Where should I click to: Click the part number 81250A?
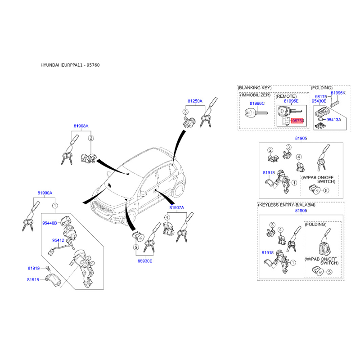coord(195,101)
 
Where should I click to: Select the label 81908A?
coord(81,127)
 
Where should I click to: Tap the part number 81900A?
coord(45,193)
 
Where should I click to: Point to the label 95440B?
coord(49,223)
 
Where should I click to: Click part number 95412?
coord(58,240)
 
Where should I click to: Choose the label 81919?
coord(34,268)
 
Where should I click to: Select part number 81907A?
coord(177,207)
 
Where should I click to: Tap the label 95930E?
coord(145,261)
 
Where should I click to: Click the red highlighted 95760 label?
coord(298,121)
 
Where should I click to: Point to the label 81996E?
coord(291,101)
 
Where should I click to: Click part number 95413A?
coord(334,120)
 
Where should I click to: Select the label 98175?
coord(321,97)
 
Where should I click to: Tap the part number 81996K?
coord(338,93)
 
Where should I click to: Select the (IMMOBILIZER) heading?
coord(255,95)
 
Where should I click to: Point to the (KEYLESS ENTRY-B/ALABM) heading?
coord(287,205)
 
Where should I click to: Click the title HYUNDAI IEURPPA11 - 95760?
coord(70,65)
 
